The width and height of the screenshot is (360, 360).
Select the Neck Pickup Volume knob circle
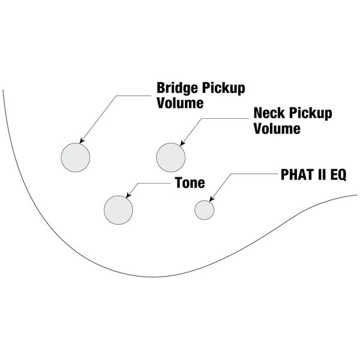[x=171, y=157]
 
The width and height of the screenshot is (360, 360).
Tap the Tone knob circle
[x=118, y=209]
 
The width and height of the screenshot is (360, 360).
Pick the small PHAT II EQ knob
[x=205, y=209]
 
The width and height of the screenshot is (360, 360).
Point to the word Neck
[x=268, y=113]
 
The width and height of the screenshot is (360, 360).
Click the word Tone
[x=190, y=182]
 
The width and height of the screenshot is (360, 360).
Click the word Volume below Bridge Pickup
[x=180, y=103]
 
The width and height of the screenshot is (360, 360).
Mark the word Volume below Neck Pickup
[x=277, y=128]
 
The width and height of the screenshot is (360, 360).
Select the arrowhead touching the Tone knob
[x=128, y=196]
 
